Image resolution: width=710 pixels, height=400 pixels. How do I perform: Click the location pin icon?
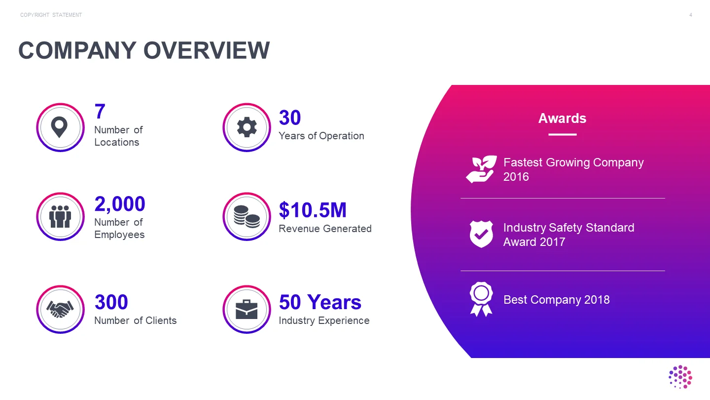pyautogui.click(x=59, y=127)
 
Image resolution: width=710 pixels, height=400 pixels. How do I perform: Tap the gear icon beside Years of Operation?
pyautogui.click(x=247, y=127)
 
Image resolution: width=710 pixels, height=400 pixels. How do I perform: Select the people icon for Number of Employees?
pyautogui.click(x=60, y=216)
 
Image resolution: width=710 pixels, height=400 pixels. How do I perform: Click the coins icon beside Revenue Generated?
pyautogui.click(x=247, y=216)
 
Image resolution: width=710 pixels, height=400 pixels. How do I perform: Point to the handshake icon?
pyautogui.click(x=60, y=309)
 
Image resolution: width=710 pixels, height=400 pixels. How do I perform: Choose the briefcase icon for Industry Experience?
pyautogui.click(x=247, y=309)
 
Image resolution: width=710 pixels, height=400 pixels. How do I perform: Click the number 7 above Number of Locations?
pyautogui.click(x=100, y=112)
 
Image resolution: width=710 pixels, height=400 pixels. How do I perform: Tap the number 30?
pyautogui.click(x=290, y=118)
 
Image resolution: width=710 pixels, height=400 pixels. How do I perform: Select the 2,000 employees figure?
pyautogui.click(x=120, y=204)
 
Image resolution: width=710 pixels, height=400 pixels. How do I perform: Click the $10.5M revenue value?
pyautogui.click(x=313, y=210)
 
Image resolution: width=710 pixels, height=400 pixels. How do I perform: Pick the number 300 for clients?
pyautogui.click(x=111, y=302)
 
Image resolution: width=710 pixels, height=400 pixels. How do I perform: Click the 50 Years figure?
pyautogui.click(x=320, y=302)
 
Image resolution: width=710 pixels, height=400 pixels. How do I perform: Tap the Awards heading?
pyautogui.click(x=562, y=119)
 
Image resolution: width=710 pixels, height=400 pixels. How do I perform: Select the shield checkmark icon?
pyautogui.click(x=481, y=234)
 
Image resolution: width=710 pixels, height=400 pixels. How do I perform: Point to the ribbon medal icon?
pyautogui.click(x=481, y=299)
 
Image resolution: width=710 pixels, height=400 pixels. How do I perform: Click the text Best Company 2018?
pyautogui.click(x=557, y=300)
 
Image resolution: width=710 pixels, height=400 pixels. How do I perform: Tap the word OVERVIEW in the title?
pyautogui.click(x=207, y=50)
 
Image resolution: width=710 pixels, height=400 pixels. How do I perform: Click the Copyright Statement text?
pyautogui.click(x=51, y=15)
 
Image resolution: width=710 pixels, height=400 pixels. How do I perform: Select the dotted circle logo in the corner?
pyautogui.click(x=680, y=377)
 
